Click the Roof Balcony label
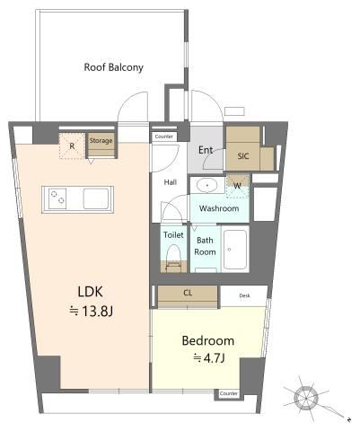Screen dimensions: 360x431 pos(113,67)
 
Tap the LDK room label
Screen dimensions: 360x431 pos(91,292)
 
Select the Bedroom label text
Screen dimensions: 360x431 pos(208,341)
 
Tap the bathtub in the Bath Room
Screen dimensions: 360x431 pos(235,250)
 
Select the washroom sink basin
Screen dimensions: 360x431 pos(206,185)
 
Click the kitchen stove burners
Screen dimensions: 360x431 pos(57,198)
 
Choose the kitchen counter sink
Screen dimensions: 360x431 pos(96,198)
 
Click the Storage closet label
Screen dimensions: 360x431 pos(101,141)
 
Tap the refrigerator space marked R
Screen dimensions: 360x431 pos(72,146)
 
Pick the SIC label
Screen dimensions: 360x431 pos(243,156)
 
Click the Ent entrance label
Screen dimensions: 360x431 pos(206,150)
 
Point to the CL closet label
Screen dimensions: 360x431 pos(188,293)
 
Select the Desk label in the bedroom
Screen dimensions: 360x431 pos(244,295)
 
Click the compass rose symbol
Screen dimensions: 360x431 pos(306,399)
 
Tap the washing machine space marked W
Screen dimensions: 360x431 pos(237,186)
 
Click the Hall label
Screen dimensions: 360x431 pos(171,182)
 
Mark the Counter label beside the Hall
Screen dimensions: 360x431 pos(164,136)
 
